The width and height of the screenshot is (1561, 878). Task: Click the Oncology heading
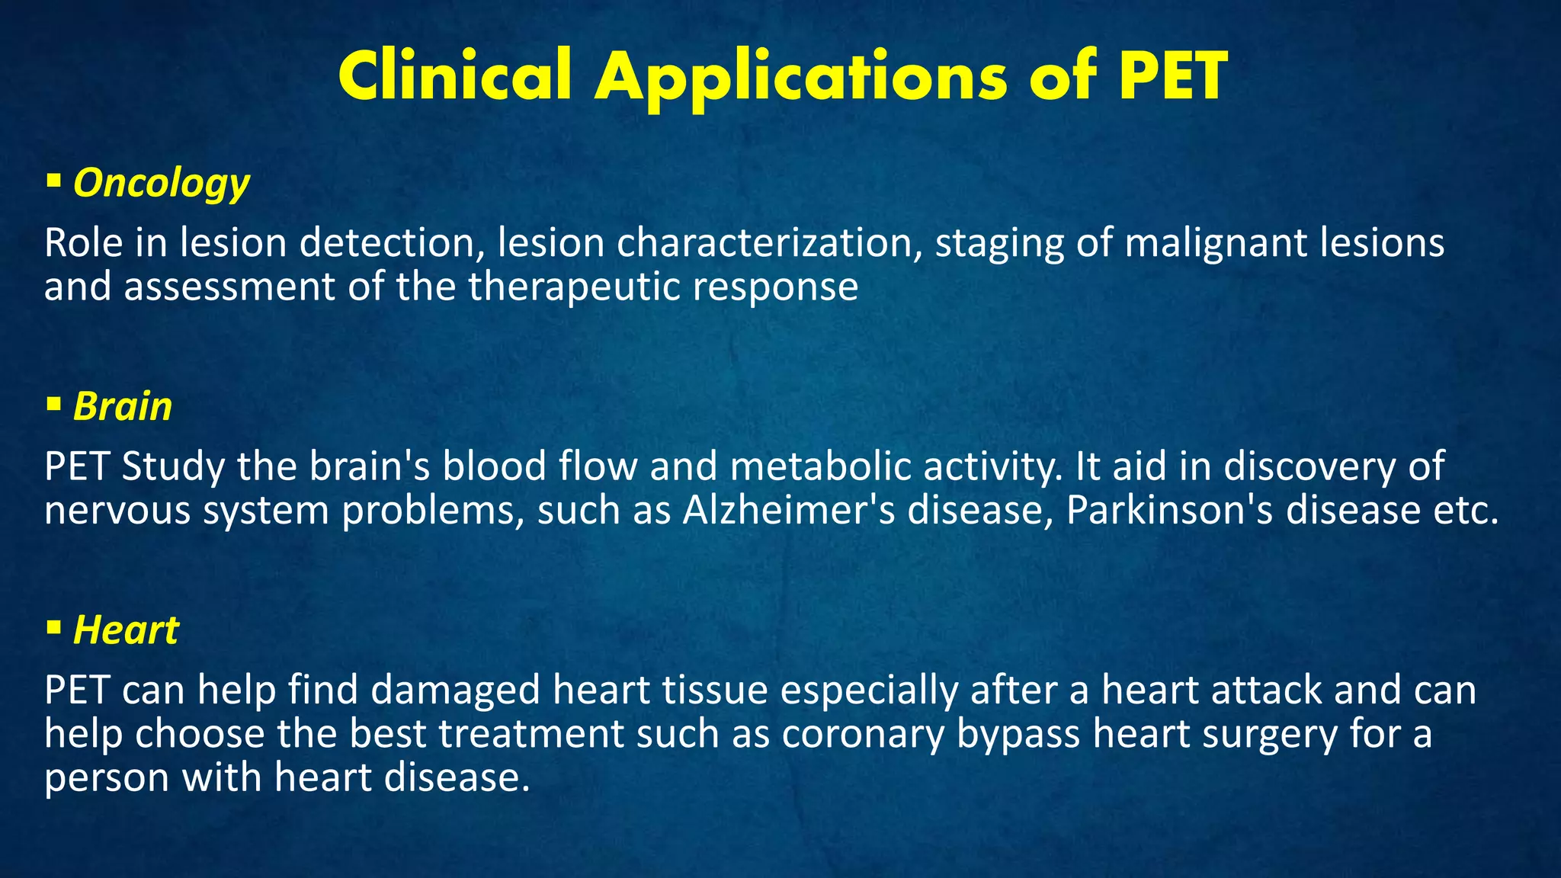(x=161, y=184)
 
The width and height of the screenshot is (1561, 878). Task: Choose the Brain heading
(x=123, y=406)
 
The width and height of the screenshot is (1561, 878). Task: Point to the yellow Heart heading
(x=126, y=630)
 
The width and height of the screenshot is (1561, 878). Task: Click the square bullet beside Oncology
(x=53, y=181)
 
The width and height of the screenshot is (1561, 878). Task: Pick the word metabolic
(x=820, y=466)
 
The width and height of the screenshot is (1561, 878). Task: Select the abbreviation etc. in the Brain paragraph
(x=1466, y=510)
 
